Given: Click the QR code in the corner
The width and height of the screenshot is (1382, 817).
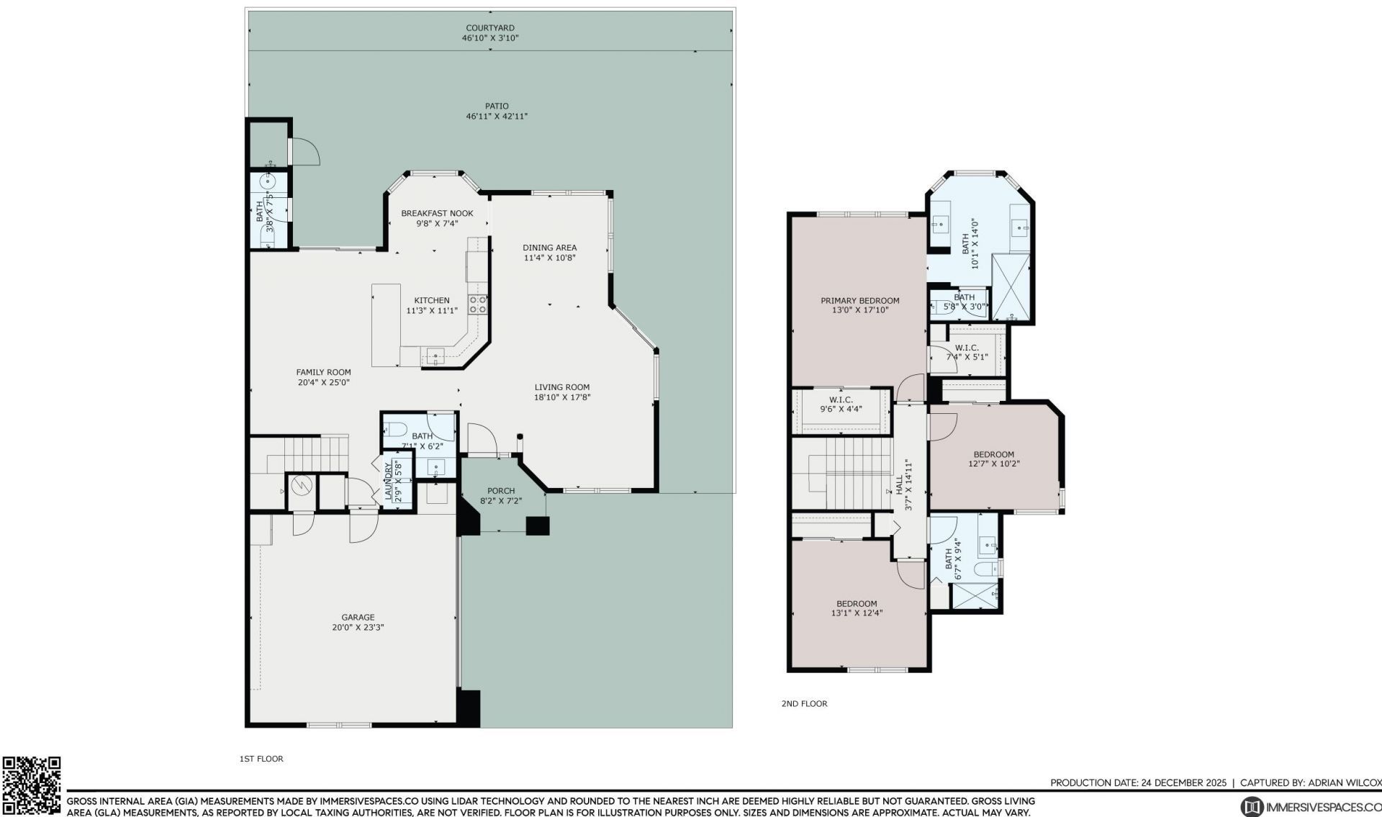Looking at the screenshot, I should click(31, 785).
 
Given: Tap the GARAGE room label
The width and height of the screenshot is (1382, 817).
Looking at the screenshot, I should click(358, 617).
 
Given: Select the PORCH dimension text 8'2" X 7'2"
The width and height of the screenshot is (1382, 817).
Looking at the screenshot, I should click(501, 501).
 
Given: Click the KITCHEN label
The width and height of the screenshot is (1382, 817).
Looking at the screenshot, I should click(432, 300).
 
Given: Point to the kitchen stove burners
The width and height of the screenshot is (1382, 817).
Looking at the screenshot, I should click(478, 304).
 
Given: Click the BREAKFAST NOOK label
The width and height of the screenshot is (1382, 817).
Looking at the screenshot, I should click(437, 213).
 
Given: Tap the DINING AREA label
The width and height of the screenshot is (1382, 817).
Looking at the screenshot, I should click(549, 248).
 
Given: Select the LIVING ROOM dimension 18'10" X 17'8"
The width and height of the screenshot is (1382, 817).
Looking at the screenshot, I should click(562, 397).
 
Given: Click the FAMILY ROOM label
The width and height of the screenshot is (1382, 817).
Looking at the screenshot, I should click(323, 372).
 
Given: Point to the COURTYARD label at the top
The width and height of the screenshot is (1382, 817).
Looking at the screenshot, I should click(489, 28).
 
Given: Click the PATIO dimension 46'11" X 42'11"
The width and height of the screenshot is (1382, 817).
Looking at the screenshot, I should click(497, 116).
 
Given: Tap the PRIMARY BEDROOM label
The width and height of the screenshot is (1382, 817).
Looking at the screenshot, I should click(859, 301).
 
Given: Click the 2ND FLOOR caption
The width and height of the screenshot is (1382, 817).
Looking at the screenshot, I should click(804, 704).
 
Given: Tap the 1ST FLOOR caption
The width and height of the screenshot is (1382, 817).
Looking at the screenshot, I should click(261, 759).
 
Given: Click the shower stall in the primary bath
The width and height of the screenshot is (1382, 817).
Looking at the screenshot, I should click(1011, 286).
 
